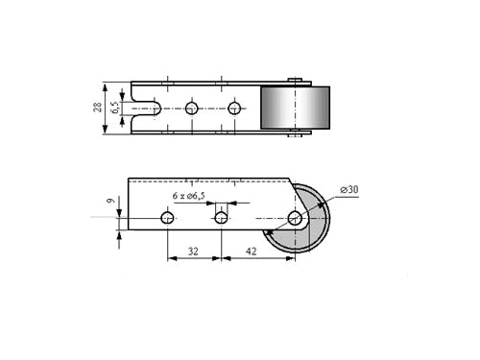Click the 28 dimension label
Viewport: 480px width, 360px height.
(98, 107)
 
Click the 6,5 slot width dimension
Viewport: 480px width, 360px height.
(115, 108)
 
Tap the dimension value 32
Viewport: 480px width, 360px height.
(193, 252)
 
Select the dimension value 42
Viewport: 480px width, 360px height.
(251, 252)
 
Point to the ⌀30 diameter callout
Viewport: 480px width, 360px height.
(349, 189)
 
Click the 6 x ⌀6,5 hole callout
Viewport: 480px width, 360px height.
(189, 196)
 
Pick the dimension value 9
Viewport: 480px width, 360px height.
(110, 201)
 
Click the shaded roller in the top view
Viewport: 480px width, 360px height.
(296, 108)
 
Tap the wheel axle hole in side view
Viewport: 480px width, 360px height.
(295, 218)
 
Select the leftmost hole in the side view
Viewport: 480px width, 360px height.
(167, 218)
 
